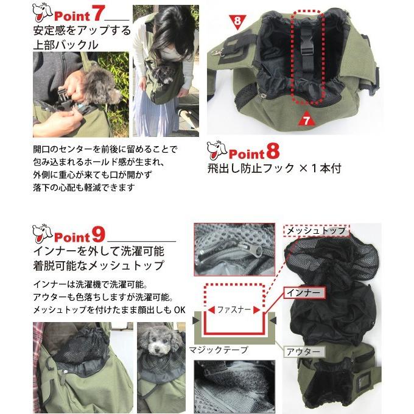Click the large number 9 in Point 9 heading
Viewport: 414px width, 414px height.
tap(98, 235)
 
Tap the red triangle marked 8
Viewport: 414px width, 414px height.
tap(237, 23)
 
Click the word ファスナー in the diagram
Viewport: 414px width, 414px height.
tap(234, 310)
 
